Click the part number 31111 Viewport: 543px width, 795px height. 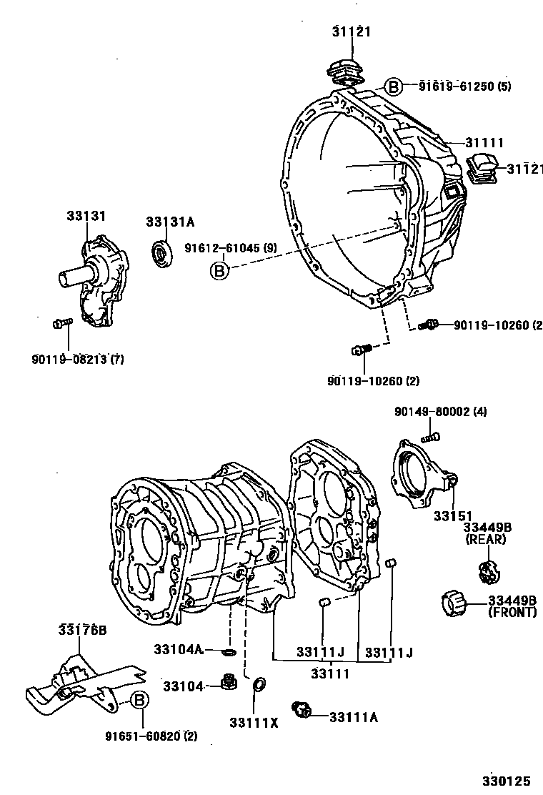pos(485,143)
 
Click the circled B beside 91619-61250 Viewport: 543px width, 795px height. pos(394,87)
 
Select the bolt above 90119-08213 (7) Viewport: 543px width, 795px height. pos(62,324)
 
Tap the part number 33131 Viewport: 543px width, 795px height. pos(86,215)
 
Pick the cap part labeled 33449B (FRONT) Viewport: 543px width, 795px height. pos(451,603)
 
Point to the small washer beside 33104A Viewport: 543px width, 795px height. pos(229,651)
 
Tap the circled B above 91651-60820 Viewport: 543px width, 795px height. pos(139,701)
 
